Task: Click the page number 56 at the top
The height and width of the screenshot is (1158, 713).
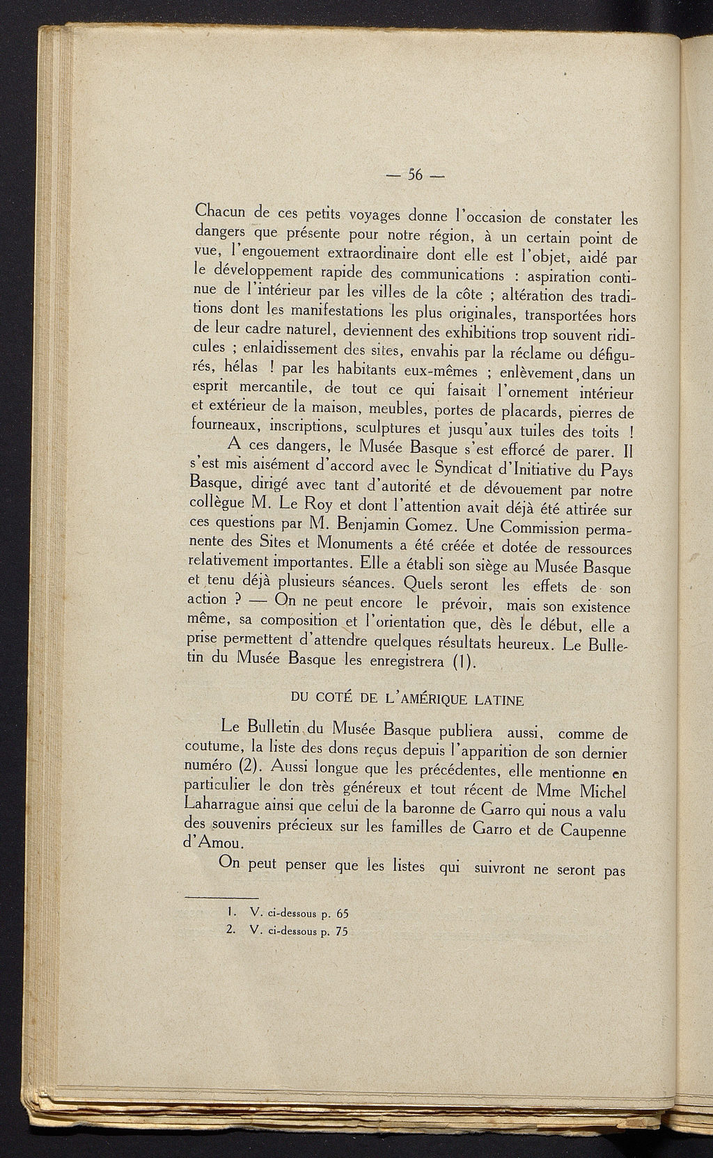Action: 416,175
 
